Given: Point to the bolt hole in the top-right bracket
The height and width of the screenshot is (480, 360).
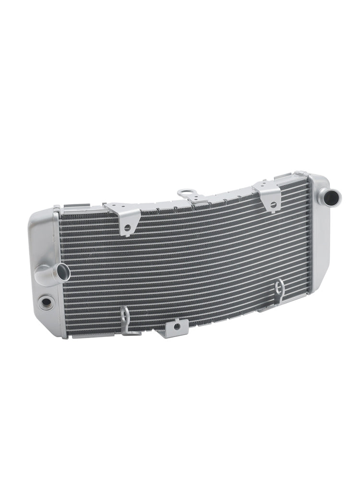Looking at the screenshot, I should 273,205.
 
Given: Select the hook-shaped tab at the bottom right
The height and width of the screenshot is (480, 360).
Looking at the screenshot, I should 278,291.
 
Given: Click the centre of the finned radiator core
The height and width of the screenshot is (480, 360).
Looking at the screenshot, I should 185,262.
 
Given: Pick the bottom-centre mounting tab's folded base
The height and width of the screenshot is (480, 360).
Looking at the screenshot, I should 170,334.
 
